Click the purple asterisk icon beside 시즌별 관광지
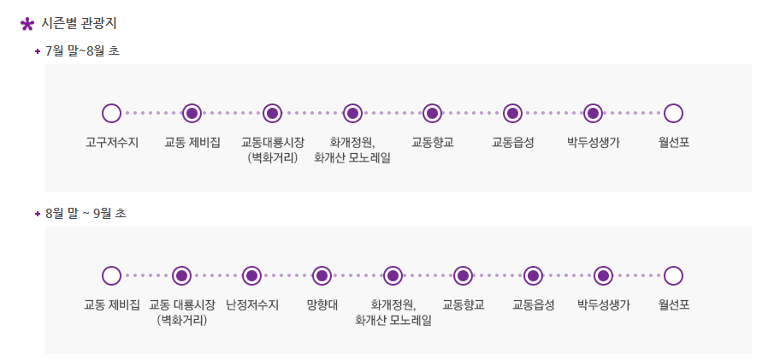coord(27,24)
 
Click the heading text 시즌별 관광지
coord(80,23)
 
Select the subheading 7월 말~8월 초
coord(82,51)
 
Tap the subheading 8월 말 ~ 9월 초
coord(86,213)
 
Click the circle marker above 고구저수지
coord(111,113)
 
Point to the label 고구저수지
coord(112,142)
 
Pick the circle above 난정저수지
coord(251,275)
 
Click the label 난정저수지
coord(252,304)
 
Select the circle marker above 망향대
coord(322,275)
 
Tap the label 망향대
coord(322,304)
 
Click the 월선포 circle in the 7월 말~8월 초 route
coord(673,113)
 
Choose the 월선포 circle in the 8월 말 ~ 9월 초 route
coord(673,275)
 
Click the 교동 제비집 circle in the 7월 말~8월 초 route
coord(192,113)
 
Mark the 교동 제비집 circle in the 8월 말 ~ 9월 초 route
coord(111,275)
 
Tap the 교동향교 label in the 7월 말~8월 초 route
coord(433,142)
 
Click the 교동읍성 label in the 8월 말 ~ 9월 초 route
coord(534,304)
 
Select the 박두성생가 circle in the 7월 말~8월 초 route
coord(593,113)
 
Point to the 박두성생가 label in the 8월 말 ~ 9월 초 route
coord(604,304)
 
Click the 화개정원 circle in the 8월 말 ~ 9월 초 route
coord(393,275)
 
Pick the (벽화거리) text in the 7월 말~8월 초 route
coord(272,157)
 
